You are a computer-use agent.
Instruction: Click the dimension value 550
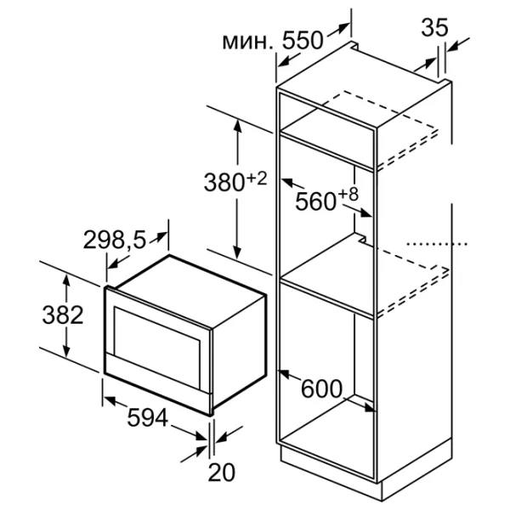tap(303, 40)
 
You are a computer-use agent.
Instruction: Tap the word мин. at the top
tap(248, 42)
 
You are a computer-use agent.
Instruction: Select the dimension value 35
tap(434, 27)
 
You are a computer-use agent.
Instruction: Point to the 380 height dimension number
tap(224, 182)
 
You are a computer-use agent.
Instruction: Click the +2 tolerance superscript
tap(257, 178)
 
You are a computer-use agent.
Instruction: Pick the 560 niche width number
tap(315, 201)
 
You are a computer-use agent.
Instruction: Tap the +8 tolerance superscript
tap(348, 195)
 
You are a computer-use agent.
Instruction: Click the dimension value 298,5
tap(115, 241)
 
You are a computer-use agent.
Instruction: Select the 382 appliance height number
tap(63, 314)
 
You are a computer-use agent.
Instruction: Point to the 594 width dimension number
tap(147, 417)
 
